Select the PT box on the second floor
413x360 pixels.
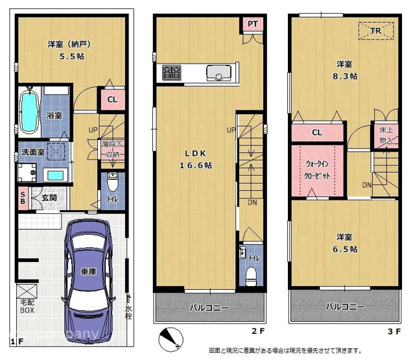tap(252, 24)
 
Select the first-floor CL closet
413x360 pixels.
tap(112, 100)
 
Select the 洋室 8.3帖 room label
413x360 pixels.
tap(344, 70)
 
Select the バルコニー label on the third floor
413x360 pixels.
tap(344, 307)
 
